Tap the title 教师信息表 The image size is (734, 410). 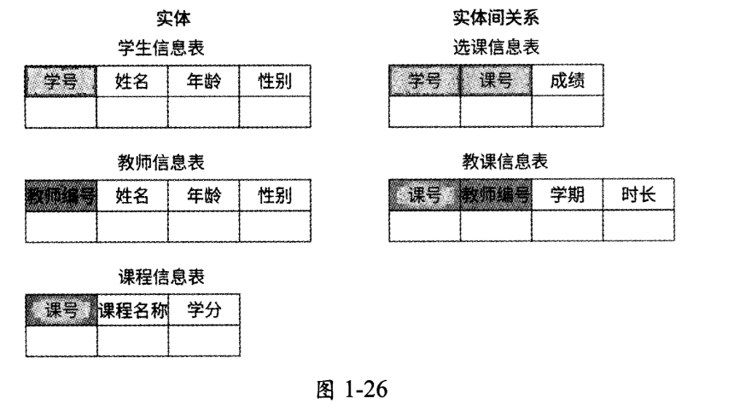pyautogui.click(x=161, y=162)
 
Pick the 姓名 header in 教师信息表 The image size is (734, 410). pyautogui.click(x=131, y=196)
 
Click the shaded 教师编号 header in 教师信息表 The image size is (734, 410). pyautogui.click(x=60, y=196)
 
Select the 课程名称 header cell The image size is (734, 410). pyautogui.click(x=131, y=310)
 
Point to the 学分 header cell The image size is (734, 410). pyautogui.click(x=203, y=310)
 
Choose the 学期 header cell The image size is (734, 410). pyautogui.click(x=568, y=196)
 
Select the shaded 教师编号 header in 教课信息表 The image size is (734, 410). pyautogui.click(x=496, y=196)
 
